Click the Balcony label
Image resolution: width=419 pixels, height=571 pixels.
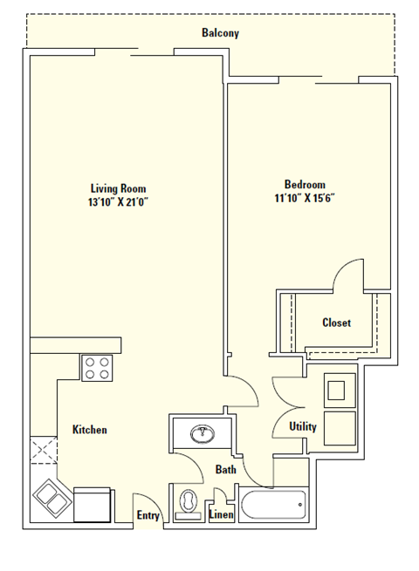pos(220,33)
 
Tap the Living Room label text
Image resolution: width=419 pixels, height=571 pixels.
pos(118,188)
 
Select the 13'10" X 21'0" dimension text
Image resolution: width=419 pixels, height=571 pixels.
pos(118,202)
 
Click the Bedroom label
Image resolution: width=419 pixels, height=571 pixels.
pos(305,184)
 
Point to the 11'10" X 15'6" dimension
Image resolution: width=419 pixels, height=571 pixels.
pos(305,198)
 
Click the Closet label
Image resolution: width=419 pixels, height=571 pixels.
pos(336,323)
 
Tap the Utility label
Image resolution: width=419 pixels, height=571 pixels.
pos(303,426)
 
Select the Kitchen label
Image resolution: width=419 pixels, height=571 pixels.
pos(89,430)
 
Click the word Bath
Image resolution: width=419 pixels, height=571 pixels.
pos(226,470)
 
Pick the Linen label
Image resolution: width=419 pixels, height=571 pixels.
pos(221,515)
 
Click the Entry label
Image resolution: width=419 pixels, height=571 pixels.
pos(148,515)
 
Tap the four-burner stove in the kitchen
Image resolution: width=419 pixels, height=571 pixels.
pos(99,368)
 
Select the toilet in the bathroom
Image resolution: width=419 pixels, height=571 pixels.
pos(188,505)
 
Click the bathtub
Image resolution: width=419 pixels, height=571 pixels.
pos(273,505)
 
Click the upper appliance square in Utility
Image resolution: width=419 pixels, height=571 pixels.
pos(339,390)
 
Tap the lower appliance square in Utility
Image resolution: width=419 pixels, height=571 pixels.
pos(339,426)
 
